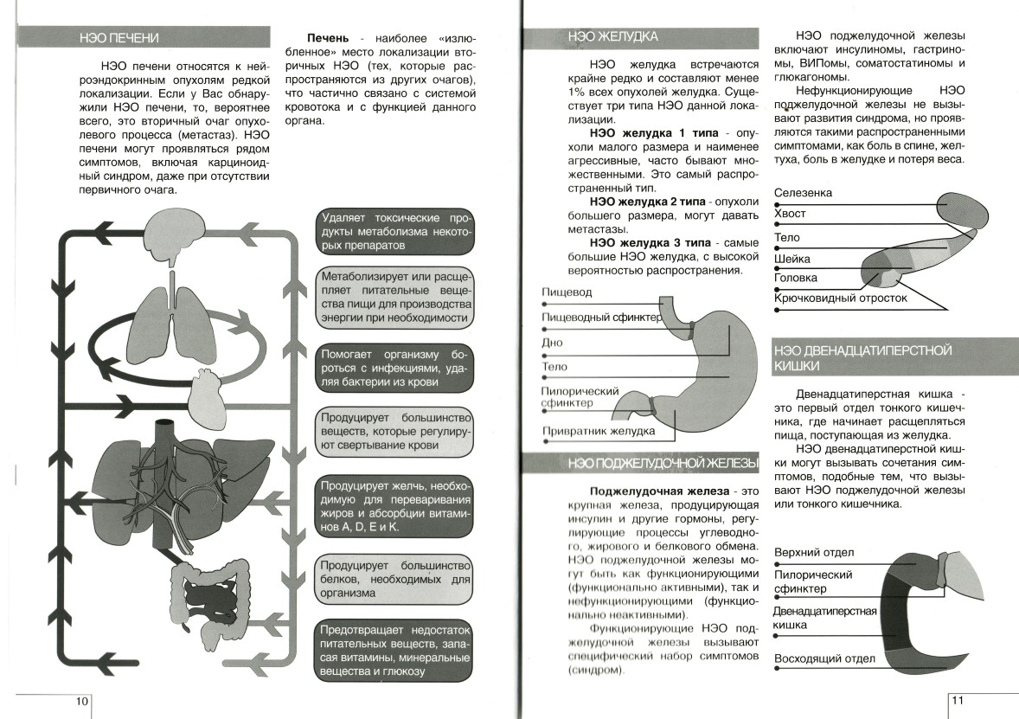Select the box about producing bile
[x=394, y=504]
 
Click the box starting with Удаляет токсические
[x=394, y=231]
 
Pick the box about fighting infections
[x=394, y=368]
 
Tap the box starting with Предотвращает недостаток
[x=394, y=649]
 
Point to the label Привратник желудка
[x=598, y=431]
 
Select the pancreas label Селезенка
[x=804, y=193]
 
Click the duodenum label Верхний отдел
[x=814, y=553]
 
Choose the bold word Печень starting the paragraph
[x=328, y=39]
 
